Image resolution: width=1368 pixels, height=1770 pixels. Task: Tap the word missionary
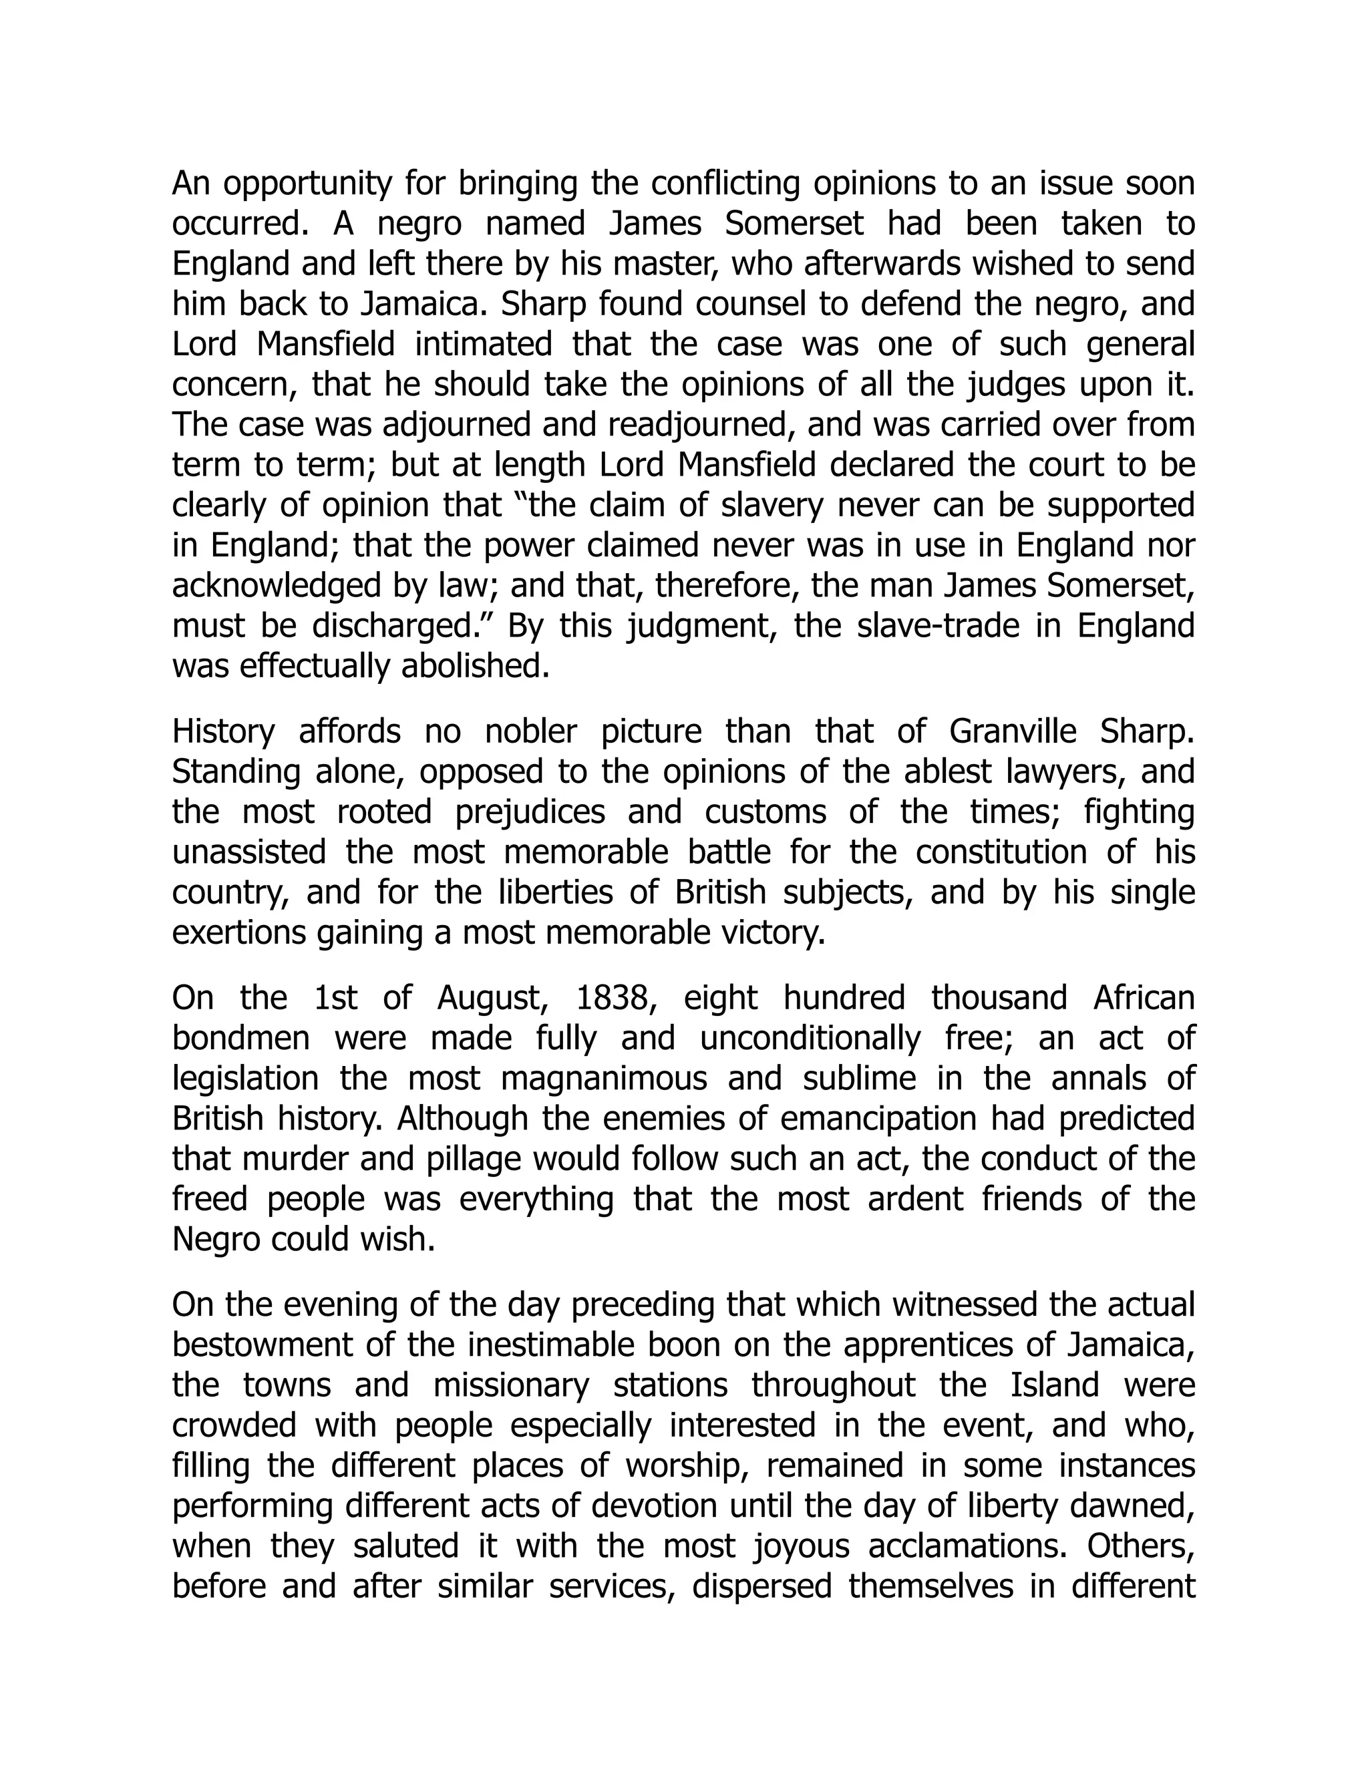pyautogui.click(x=512, y=1386)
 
